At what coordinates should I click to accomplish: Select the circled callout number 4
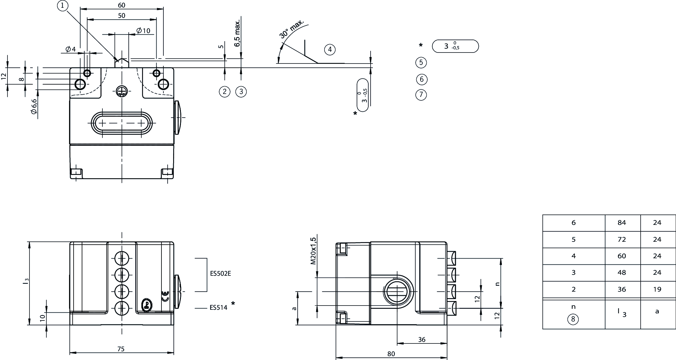(330, 50)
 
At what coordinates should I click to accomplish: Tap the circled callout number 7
(421, 95)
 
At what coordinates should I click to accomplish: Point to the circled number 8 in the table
(573, 319)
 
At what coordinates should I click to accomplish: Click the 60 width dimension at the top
(121, 5)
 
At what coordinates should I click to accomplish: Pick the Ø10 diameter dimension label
(143, 30)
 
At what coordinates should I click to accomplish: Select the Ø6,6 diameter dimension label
(34, 107)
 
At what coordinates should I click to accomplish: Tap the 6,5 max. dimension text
(238, 33)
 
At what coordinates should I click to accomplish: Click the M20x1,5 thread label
(313, 251)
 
